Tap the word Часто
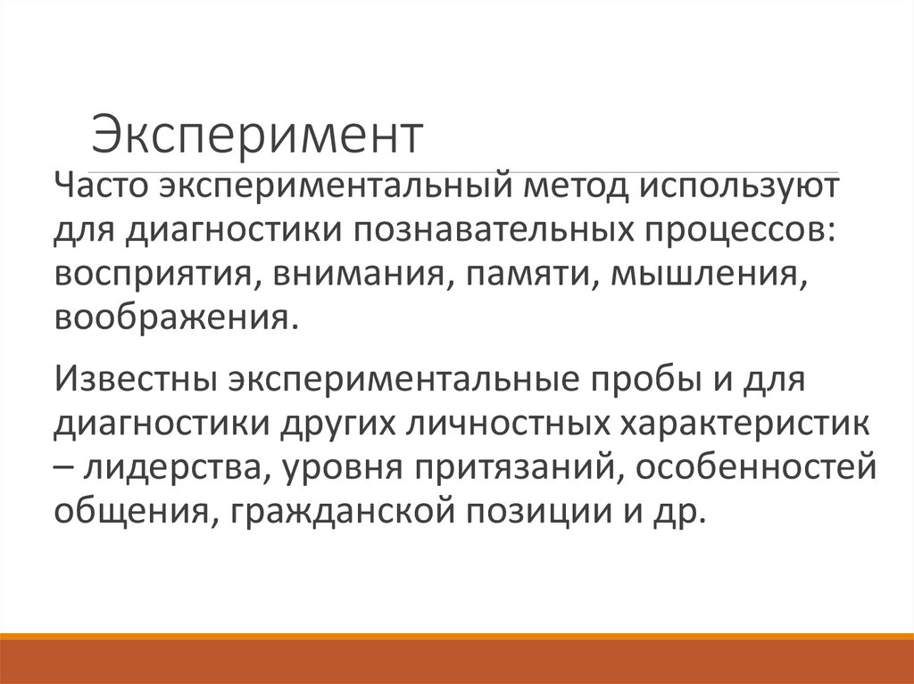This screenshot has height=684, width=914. coord(101,189)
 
